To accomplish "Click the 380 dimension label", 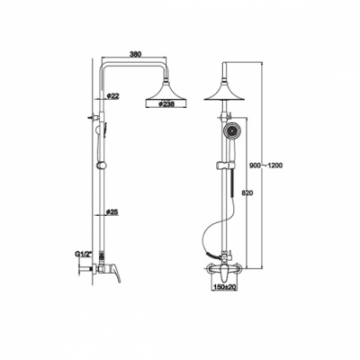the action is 135,54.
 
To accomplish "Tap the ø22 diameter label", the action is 113,96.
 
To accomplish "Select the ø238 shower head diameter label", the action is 166,104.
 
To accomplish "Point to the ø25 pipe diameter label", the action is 112,211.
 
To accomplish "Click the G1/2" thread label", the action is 83,255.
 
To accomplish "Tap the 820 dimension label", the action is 247,193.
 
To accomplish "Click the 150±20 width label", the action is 225,287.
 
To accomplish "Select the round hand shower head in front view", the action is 230,130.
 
